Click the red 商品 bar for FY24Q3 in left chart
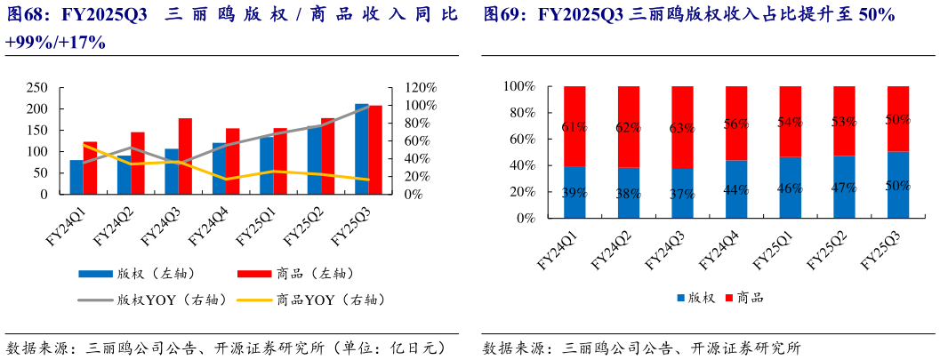point(185,156)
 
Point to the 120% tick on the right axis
point(421,87)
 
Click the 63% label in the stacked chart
point(682,127)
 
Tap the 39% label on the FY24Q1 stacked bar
point(574,192)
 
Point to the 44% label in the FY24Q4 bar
point(736,189)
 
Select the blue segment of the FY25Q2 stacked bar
point(844,187)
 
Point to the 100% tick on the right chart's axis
point(518,86)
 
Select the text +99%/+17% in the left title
point(55,42)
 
